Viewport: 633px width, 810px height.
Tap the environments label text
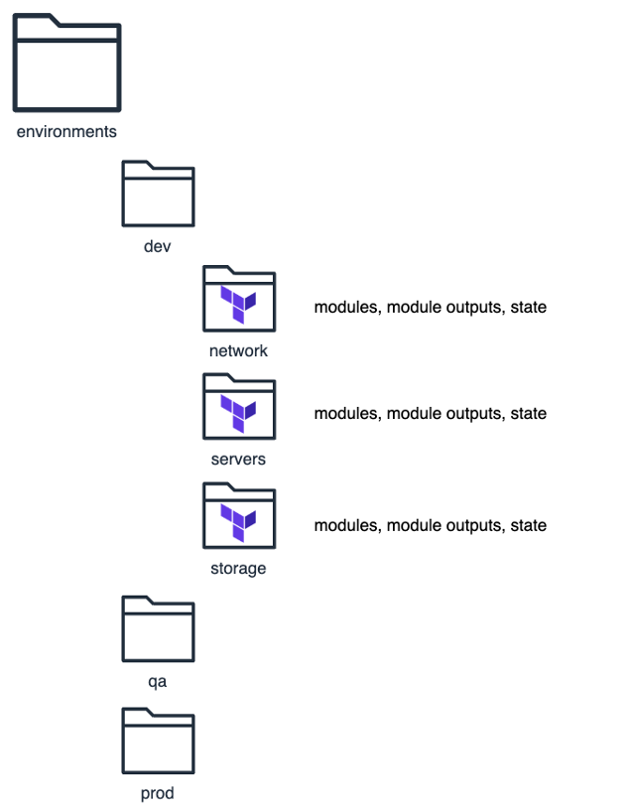(x=66, y=131)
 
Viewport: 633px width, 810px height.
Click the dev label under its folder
(x=158, y=245)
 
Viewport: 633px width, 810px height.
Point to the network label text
(x=238, y=350)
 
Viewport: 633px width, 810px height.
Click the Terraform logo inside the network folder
(x=238, y=303)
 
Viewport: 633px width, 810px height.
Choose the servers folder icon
(x=238, y=406)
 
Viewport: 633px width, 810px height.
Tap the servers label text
(x=238, y=459)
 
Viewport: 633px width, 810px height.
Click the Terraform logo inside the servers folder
(x=238, y=411)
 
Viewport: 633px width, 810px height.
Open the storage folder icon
(x=238, y=515)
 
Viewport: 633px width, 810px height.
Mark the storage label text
(x=238, y=569)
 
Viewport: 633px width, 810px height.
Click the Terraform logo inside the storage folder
(x=238, y=520)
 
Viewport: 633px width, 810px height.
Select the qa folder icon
(x=158, y=628)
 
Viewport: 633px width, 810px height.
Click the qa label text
(x=158, y=682)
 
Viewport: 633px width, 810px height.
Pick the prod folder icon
(x=158, y=741)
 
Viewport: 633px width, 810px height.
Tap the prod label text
(x=158, y=793)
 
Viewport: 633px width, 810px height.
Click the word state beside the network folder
(x=528, y=308)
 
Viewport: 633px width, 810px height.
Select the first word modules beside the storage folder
(x=346, y=525)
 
